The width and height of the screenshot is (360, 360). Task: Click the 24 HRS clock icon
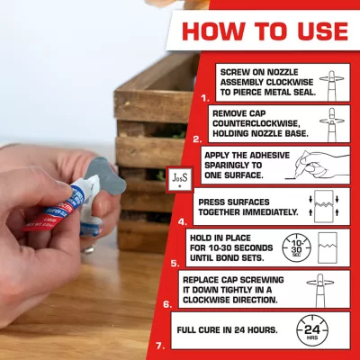312,330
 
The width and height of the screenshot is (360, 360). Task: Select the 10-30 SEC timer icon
296,248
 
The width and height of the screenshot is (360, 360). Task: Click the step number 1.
205,98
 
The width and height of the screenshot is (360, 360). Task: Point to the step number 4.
183,222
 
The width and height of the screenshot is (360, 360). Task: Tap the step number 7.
160,346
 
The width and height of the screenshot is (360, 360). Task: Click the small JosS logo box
180,179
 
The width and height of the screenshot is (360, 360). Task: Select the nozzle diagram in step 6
320,290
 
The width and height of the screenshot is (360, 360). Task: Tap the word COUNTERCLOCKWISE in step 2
256,123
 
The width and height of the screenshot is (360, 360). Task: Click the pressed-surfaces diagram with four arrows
324,206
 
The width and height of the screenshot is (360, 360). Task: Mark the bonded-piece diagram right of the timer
328,247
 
